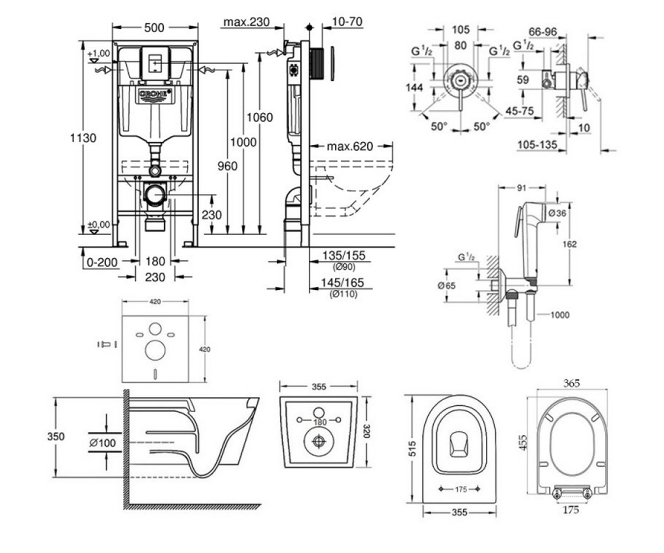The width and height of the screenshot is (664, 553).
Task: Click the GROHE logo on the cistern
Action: point(155,95)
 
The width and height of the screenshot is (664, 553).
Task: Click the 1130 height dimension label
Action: point(83,138)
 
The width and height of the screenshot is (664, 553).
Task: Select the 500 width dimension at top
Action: point(154,28)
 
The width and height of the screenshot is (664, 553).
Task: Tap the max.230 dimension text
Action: point(246,22)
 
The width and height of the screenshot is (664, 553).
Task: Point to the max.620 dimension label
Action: point(350,146)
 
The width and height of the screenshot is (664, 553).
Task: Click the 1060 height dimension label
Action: point(260,118)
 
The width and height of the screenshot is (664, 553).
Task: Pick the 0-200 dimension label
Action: point(102,263)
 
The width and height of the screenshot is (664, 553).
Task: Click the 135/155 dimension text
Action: point(344,255)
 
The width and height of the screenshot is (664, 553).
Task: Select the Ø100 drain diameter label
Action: point(102,443)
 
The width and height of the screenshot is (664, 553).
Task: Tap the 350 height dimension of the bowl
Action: point(56,436)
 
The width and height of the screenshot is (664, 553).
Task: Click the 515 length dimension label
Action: point(412,448)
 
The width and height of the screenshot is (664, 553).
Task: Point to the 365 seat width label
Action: point(572,384)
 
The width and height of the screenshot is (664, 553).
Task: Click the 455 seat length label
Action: point(523,442)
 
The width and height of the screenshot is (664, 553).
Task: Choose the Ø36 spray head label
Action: point(557,213)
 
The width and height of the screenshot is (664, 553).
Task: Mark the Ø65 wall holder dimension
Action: point(447,286)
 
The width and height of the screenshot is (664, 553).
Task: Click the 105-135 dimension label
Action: point(537,145)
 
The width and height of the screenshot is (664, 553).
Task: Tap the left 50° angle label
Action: point(439,127)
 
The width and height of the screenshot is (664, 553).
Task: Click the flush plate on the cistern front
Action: point(155,64)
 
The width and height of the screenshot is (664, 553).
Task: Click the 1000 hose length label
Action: point(559,315)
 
